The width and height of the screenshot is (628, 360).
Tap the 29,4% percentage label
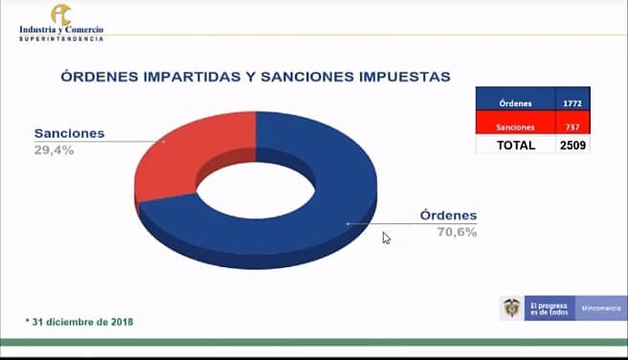coord(54,149)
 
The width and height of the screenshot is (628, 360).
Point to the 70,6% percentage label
coord(457,232)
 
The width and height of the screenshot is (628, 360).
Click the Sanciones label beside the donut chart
coord(69,133)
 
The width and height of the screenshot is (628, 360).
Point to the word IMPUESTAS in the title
coord(402,76)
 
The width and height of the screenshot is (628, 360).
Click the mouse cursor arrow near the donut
coord(386,237)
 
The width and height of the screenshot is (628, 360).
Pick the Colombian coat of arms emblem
coord(513,307)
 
